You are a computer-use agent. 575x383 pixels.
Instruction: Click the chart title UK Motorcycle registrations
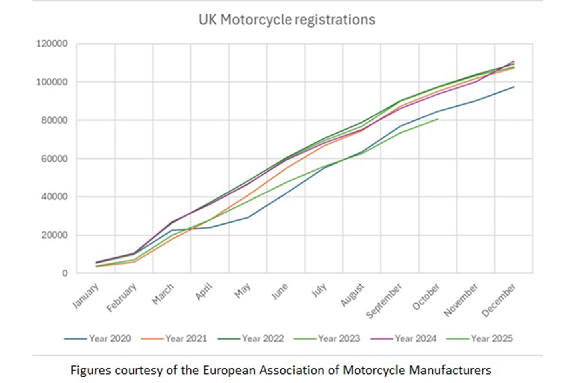[x=287, y=20]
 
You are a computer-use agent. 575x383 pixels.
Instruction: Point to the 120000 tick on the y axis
[x=52, y=44]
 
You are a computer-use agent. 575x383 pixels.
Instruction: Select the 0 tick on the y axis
[x=65, y=274]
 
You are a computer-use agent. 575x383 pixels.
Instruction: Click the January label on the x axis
[x=85, y=296]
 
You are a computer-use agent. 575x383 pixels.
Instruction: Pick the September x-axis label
[x=384, y=301]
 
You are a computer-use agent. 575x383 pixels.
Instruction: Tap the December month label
[x=499, y=300]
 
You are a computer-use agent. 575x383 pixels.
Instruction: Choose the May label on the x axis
[x=242, y=291]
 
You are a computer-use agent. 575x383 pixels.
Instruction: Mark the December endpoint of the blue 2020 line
[x=514, y=87]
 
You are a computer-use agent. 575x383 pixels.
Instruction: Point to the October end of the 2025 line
[x=438, y=119]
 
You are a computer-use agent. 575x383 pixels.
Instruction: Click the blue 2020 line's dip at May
[x=248, y=217]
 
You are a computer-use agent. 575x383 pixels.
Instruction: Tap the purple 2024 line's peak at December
[x=514, y=61]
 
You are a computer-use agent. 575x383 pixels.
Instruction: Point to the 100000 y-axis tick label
[x=52, y=82]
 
